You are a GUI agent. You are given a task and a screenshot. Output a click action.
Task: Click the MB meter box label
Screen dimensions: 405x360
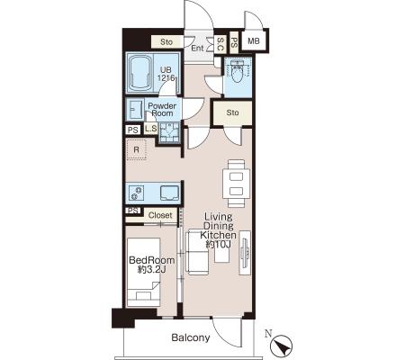254,40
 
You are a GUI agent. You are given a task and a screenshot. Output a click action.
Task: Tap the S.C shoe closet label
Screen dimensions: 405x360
220,44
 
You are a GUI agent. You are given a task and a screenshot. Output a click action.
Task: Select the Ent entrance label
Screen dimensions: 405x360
197,48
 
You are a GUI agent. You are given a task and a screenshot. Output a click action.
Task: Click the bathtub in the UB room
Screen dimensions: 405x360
140,73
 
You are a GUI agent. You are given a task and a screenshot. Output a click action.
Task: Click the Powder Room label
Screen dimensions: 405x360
162,110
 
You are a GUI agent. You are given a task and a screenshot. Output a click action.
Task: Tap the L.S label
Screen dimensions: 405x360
151,129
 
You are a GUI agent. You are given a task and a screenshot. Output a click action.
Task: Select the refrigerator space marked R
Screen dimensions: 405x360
136,149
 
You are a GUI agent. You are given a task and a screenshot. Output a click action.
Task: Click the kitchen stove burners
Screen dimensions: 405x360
136,193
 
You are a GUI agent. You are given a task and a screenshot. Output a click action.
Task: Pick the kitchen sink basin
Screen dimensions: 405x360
169,193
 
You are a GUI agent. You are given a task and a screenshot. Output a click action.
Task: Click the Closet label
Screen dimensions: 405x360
160,215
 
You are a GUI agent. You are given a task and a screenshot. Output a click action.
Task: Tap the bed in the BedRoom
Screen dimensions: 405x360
143,272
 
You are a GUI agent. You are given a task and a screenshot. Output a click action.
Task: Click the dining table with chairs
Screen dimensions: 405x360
236,184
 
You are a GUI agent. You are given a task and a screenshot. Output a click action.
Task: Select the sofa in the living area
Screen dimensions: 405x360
197,252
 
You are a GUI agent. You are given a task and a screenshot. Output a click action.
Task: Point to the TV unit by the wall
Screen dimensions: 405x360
245,252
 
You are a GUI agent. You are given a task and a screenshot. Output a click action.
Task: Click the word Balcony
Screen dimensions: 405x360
191,338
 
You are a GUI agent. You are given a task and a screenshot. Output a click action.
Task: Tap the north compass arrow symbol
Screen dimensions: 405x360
281,346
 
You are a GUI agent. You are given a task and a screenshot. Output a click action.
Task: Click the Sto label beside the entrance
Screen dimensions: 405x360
166,41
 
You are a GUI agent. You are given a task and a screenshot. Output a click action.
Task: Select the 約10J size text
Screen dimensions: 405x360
218,245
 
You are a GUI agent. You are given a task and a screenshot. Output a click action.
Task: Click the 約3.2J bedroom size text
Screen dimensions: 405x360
151,269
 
